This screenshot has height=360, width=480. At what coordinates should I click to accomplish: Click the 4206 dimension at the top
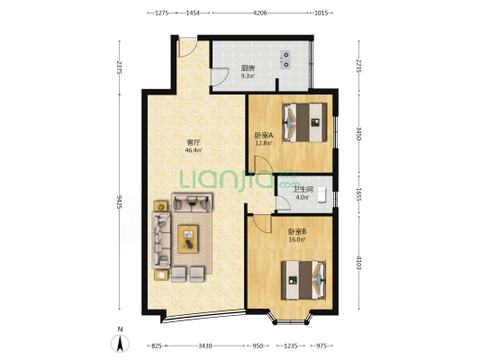(260, 13)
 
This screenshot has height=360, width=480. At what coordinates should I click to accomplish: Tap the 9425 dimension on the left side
(120, 202)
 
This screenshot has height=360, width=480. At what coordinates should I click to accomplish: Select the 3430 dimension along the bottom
(204, 346)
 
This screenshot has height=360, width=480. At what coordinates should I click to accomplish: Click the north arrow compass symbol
(120, 343)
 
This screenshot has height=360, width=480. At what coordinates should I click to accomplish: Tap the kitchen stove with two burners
(285, 59)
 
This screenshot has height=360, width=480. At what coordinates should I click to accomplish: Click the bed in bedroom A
(304, 122)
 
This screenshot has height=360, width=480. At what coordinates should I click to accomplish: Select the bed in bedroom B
(303, 280)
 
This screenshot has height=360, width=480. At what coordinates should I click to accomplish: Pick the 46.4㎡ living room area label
(194, 150)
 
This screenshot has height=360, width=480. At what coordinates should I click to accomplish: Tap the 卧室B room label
(297, 232)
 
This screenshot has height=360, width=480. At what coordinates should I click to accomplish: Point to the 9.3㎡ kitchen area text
(248, 76)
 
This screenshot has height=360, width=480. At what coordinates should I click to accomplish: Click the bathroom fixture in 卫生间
(322, 194)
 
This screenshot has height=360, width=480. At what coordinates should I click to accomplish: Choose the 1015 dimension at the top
(322, 13)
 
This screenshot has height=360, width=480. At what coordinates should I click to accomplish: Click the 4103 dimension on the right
(359, 263)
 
